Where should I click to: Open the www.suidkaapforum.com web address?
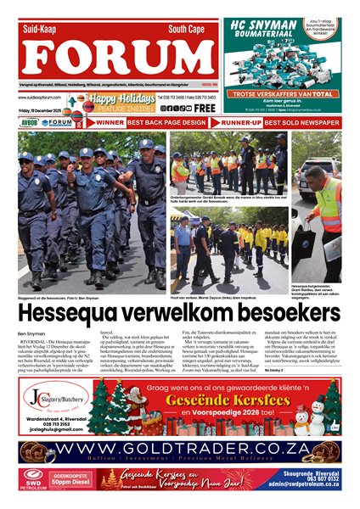(x=44, y=98)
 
